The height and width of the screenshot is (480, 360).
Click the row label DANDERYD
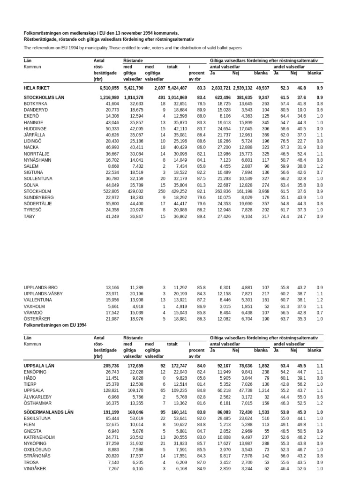[x=35, y=110]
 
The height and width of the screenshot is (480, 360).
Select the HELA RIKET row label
[x=37, y=88]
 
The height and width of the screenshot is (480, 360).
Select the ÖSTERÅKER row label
[x=37, y=319]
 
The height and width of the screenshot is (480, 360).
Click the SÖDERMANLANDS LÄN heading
[x=49, y=412]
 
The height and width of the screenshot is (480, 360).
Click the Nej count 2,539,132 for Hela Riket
[x=242, y=88]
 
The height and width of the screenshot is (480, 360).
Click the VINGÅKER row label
[x=36, y=468]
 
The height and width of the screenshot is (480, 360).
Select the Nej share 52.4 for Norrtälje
[x=301, y=154]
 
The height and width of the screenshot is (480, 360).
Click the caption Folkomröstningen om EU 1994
[x=55, y=325]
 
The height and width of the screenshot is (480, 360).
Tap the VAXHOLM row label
[x=34, y=306]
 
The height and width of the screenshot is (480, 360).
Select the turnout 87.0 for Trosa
[x=201, y=462]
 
